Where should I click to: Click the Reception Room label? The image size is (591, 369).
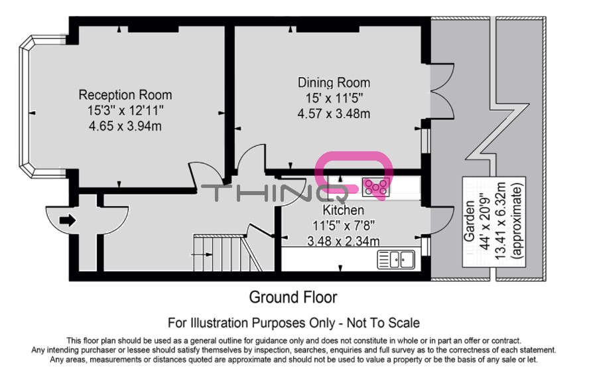coord(125,95)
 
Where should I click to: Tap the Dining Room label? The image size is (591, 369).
coord(334,83)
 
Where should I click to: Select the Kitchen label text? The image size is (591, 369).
coord(344,210)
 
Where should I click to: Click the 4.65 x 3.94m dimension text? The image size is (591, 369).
coord(125,125)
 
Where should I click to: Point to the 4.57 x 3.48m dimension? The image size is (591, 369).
coord(334,113)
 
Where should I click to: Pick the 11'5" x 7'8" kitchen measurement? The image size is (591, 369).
coord(344,226)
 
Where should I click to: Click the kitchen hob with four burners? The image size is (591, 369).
coord(376,187)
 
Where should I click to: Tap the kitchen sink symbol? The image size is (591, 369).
coord(396,259)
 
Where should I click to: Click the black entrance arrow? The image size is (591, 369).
coord(68,220)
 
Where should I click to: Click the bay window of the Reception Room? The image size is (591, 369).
coord(27,106)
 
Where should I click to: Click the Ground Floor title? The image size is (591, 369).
coord(293,297)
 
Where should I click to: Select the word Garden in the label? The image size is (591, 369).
coord(469,221)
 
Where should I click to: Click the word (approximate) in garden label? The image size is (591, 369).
coord(516,220)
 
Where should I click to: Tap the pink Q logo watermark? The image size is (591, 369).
coord(354,175)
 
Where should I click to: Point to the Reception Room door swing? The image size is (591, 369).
coord(206,176)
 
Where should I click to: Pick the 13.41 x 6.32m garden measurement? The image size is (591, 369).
coord(500,220)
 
